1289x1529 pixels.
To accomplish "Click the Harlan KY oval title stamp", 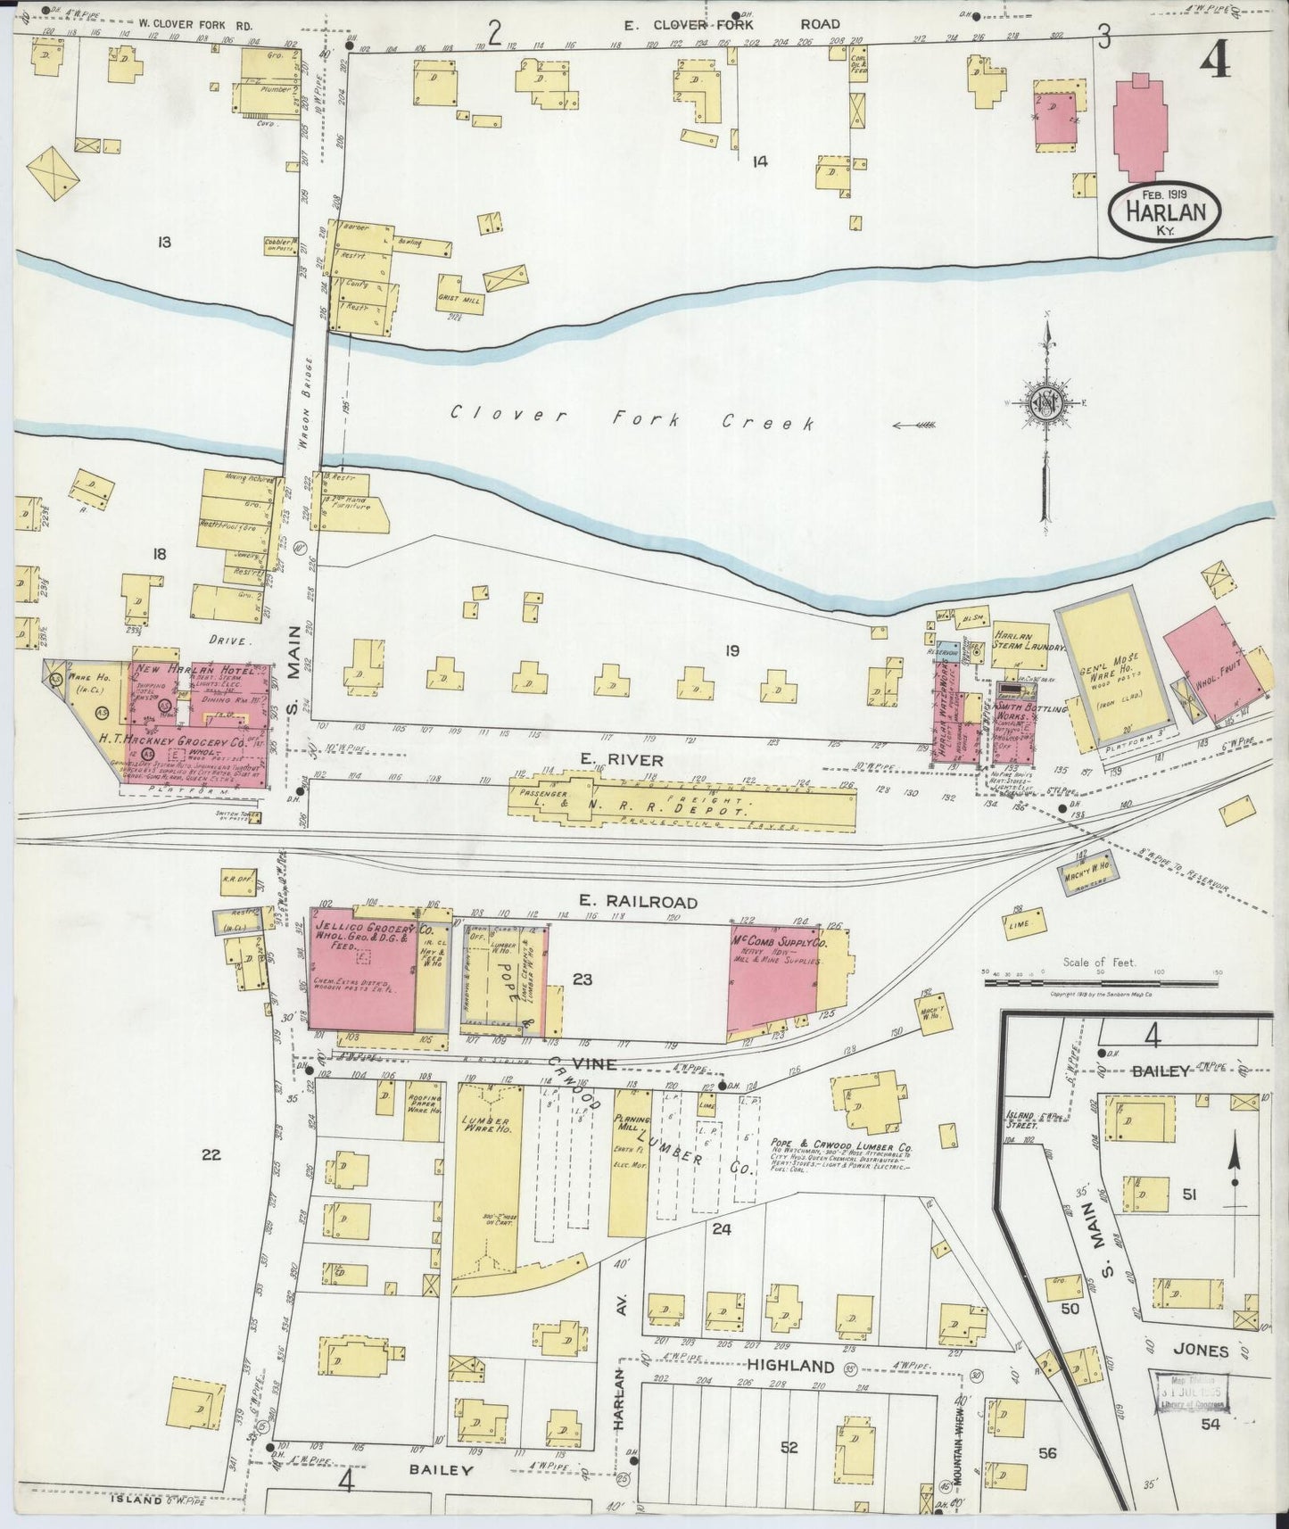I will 1159,214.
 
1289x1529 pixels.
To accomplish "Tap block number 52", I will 789,1447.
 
